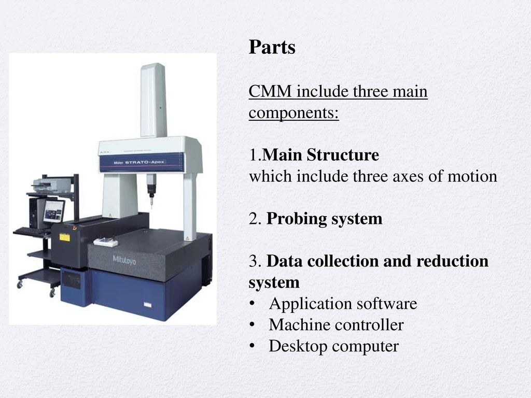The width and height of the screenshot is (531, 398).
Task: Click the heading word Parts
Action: click(x=272, y=47)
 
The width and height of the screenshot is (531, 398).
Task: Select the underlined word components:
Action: click(x=294, y=112)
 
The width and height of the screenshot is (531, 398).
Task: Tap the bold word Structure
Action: click(x=343, y=154)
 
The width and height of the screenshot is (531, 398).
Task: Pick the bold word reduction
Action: click(x=452, y=261)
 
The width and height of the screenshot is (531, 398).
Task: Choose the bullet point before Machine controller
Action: click(x=251, y=325)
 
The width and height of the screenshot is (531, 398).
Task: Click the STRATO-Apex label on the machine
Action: click(x=145, y=162)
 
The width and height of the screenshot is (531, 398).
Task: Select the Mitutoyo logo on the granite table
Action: click(x=124, y=260)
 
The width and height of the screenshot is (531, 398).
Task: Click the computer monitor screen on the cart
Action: click(x=53, y=211)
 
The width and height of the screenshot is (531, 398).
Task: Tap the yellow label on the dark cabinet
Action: click(x=65, y=237)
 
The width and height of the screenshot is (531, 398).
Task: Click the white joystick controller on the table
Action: click(x=106, y=243)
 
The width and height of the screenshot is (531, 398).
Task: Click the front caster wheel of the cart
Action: click(x=52, y=293)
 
